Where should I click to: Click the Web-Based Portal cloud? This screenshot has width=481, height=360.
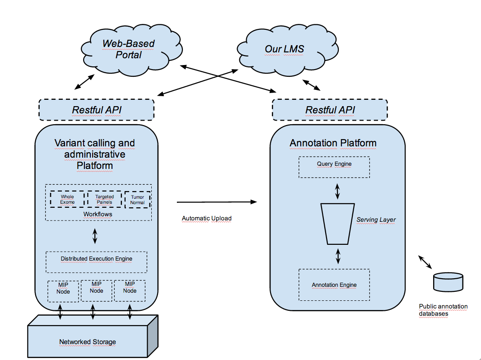coord(122,50)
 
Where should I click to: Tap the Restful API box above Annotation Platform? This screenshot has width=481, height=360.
coord(330,110)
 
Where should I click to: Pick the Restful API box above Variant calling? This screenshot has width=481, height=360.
coord(97,110)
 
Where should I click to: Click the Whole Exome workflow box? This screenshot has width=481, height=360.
coord(67,199)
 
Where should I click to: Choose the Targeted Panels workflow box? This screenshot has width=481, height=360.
coord(104,199)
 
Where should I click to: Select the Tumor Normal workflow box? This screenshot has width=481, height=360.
coord(137,200)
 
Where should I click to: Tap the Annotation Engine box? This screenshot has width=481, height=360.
coord(334,285)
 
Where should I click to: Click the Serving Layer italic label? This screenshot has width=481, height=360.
coord(376,220)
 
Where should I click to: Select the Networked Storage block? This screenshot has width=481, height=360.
coord(88,341)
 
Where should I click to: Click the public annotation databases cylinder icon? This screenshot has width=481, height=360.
coord(448,282)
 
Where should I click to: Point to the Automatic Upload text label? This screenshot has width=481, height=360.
coord(206,219)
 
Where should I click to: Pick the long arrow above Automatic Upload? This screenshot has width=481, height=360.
coord(216,202)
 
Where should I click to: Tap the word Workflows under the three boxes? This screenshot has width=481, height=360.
coord(98,214)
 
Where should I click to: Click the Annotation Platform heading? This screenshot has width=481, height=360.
coord(333,143)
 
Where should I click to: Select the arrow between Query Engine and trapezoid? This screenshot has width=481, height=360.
coord(337,191)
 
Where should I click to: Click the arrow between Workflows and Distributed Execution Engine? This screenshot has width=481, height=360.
coord(95,235)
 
